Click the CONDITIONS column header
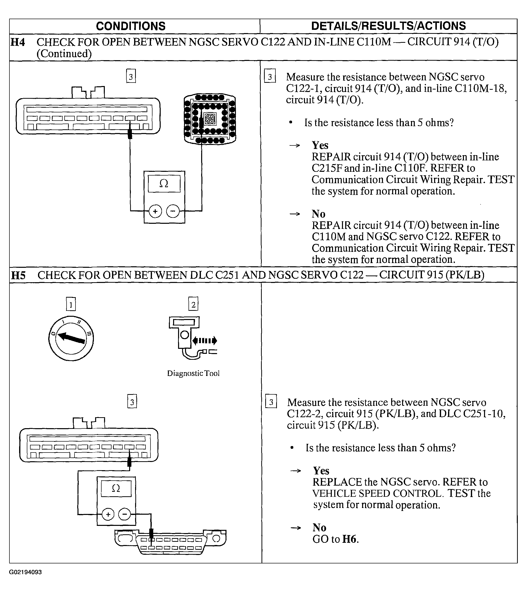tap(130, 26)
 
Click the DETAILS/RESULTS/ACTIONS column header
tap(388, 26)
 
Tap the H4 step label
tap(18, 42)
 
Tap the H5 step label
tap(18, 275)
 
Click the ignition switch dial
tap(71, 338)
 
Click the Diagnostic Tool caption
tap(193, 373)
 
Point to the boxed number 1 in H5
tap(71, 304)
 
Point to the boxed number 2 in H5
tap(193, 304)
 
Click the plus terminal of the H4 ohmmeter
tap(155, 211)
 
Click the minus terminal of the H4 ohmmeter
tap(173, 211)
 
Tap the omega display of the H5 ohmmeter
tap(116, 489)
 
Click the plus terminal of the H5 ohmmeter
tap(108, 515)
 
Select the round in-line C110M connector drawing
tap(210, 119)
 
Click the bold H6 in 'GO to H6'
tap(350, 539)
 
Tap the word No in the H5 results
tap(319, 527)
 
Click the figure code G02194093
tap(26, 572)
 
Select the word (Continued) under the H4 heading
tap(64, 54)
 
